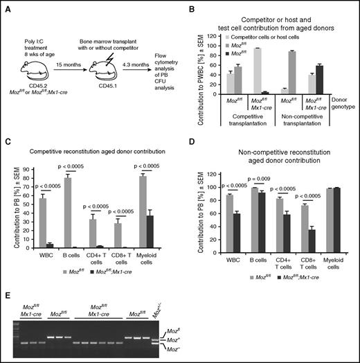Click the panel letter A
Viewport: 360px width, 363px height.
[7, 6]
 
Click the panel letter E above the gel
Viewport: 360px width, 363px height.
[7, 275]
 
